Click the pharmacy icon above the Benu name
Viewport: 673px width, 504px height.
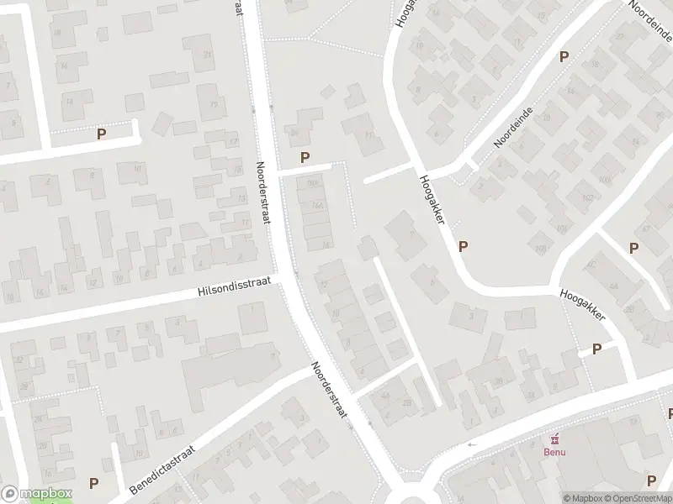click(x=554, y=438)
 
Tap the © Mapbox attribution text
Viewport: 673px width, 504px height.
click(x=582, y=498)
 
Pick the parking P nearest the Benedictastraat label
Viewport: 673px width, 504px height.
click(x=93, y=483)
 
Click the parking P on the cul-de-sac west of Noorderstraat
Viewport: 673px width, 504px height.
click(x=102, y=134)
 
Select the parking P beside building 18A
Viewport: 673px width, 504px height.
click(x=305, y=157)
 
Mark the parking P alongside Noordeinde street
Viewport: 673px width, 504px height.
click(x=564, y=57)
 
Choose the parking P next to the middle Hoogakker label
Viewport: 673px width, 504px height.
click(x=462, y=246)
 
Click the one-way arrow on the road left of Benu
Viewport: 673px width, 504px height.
click(x=472, y=444)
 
